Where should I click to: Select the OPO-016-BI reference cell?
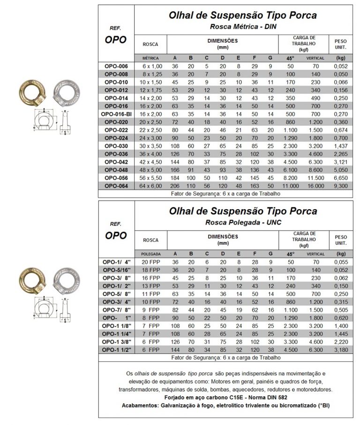116,114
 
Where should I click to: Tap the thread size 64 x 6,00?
150,185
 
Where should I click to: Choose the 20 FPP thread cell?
150,262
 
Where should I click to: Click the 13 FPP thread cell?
150,286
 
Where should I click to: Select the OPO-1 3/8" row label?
116,342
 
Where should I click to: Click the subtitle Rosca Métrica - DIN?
243,26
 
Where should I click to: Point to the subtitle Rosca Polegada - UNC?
243,222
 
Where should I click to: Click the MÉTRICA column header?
150,58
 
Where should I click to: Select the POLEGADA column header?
150,254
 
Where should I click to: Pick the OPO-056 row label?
116,177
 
